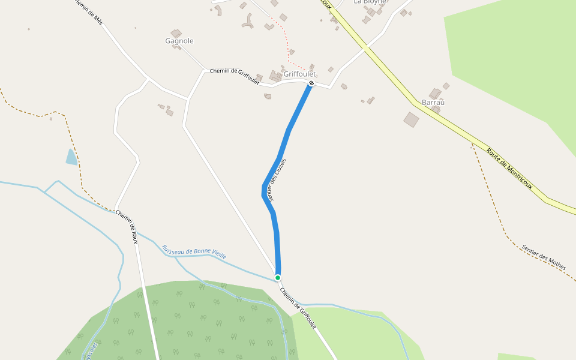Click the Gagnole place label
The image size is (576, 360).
(x=179, y=41)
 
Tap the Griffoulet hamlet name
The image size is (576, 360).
(x=299, y=74)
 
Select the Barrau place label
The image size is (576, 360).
(x=433, y=103)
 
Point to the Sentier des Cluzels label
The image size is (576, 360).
(x=277, y=179)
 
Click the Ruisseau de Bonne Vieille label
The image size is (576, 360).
(x=194, y=252)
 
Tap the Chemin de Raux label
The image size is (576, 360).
(x=127, y=227)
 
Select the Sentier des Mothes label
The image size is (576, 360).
(x=544, y=257)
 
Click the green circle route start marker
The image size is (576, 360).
(x=278, y=277)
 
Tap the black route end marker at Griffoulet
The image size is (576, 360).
(x=311, y=83)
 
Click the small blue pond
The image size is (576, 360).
(x=71, y=157)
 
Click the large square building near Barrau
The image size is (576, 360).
(x=411, y=119)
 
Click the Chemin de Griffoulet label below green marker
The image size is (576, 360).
(x=298, y=308)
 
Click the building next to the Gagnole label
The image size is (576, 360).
(x=176, y=33)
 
